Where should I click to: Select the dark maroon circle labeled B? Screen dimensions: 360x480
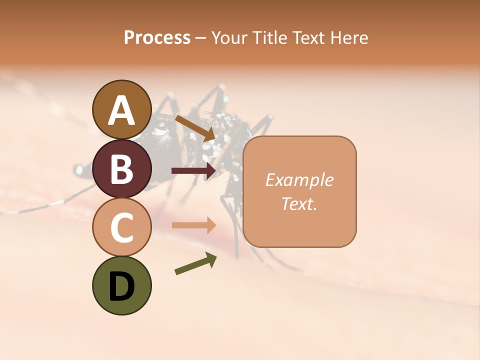click(122, 168)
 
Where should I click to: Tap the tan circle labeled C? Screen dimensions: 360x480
click(122, 227)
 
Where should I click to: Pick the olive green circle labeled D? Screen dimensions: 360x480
click(122, 285)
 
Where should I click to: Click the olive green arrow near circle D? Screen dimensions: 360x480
click(195, 263)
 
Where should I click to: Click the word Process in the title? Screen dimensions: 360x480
click(157, 38)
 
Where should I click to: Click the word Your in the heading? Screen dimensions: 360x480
click(228, 38)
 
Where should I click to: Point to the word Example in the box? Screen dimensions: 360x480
click(299, 180)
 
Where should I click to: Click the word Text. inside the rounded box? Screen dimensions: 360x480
click(299, 203)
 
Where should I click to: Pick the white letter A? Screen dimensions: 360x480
click(122, 110)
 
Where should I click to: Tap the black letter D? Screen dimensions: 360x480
click(122, 287)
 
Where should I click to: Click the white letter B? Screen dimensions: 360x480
click(122, 169)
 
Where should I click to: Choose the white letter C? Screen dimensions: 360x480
click(122, 228)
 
